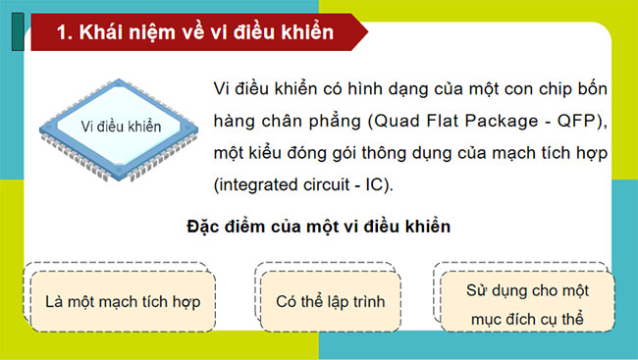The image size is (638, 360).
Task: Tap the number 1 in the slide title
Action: (62, 32)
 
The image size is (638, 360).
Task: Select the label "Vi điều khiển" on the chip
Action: (121, 126)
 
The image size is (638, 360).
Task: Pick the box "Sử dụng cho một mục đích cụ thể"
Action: (527, 303)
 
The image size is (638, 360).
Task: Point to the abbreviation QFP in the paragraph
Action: (589, 122)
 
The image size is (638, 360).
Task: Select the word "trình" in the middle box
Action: (364, 301)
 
